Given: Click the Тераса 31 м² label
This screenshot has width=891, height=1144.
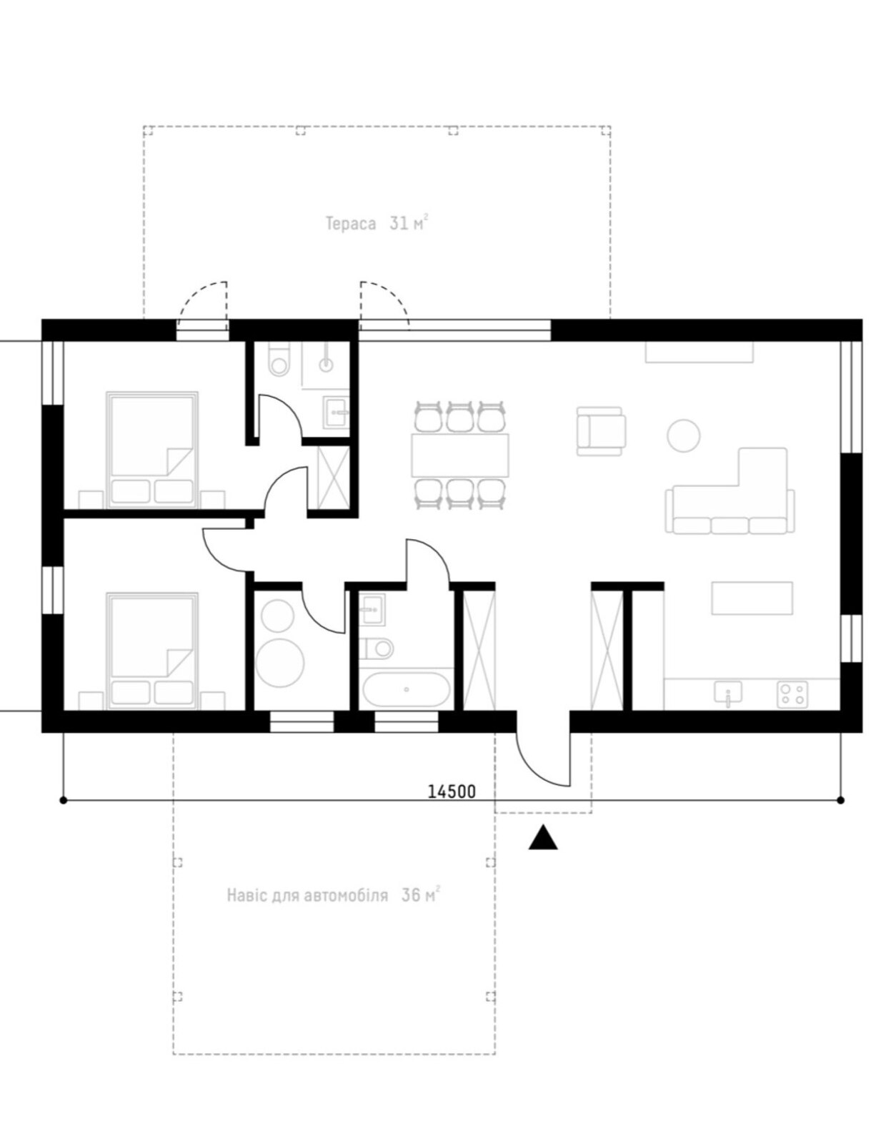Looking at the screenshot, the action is tap(376, 224).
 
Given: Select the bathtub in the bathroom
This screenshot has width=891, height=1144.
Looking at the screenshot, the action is tap(406, 690).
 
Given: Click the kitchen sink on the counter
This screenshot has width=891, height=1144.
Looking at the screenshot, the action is tap(728, 693).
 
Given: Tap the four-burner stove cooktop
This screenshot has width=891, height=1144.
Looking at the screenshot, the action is tap(792, 694).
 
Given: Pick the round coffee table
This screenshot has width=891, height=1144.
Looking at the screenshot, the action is tap(683, 435).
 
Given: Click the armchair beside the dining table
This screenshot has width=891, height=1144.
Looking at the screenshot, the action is tap(602, 430).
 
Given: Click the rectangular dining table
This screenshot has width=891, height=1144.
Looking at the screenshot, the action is tap(460, 455).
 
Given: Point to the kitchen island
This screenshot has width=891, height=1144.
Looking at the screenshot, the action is tap(752, 598).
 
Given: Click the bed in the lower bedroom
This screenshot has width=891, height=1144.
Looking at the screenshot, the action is tap(152, 651).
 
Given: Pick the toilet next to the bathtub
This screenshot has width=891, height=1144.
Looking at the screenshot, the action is tap(377, 648).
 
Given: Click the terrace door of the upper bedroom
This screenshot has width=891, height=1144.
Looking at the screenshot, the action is tap(202, 305).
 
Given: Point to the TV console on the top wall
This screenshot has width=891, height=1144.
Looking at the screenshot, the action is tap(699, 352).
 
